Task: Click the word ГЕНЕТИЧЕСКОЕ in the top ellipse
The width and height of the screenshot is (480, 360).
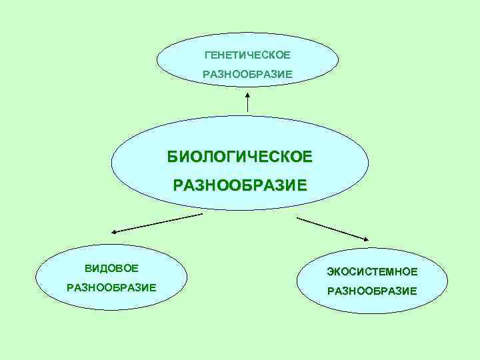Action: [x=247, y=54]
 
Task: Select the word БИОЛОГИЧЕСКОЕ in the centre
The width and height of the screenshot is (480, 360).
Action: [x=239, y=157]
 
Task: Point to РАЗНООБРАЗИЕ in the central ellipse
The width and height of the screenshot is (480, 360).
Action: [x=240, y=185]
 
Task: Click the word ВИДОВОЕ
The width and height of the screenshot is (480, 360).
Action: [x=111, y=268]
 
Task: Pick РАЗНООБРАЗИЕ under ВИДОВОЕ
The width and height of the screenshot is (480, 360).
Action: [x=111, y=287]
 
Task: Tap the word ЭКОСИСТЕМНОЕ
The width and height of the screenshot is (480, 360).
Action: [x=372, y=271]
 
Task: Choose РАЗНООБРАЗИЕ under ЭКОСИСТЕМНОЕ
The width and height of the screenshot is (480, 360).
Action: [x=372, y=291]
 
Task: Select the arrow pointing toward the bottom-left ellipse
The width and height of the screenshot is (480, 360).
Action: [x=157, y=223]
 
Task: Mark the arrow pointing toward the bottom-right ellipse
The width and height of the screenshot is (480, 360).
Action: [x=333, y=228]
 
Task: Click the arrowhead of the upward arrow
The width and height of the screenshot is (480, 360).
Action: [x=247, y=93]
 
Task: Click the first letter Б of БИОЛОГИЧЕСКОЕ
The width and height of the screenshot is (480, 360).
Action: [x=172, y=157]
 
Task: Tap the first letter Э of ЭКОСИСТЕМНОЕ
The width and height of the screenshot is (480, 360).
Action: [x=330, y=271]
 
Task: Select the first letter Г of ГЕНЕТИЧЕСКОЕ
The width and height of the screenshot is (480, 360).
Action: [x=207, y=54]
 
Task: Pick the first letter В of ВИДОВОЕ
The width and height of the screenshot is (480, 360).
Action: [x=87, y=268]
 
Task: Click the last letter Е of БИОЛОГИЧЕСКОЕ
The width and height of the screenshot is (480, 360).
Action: [x=307, y=157]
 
